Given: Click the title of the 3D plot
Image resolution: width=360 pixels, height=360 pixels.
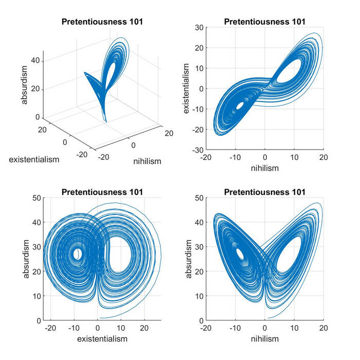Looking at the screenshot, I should pyautogui.click(x=102, y=22).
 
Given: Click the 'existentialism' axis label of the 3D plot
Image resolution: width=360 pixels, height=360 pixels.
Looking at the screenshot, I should pyautogui.click(x=34, y=159).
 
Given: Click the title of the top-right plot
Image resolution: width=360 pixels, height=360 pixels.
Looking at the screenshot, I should pyautogui.click(x=264, y=22).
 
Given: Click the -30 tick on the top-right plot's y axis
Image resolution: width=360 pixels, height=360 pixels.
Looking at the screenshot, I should pyautogui.click(x=197, y=150).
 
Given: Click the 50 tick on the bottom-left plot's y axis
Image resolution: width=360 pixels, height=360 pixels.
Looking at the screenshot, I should pyautogui.click(x=35, y=198).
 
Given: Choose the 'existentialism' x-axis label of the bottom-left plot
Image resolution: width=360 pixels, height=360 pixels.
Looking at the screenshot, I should pyautogui.click(x=102, y=339).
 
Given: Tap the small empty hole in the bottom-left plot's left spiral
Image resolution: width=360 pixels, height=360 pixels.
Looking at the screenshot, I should pyautogui.click(x=77, y=254).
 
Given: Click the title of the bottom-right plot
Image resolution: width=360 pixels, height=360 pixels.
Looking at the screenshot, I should pyautogui.click(x=264, y=192).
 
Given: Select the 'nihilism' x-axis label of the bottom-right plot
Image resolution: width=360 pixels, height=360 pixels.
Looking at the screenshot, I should pyautogui.click(x=264, y=339).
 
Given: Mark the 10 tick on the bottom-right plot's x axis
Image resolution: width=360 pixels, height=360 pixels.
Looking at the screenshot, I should pyautogui.click(x=294, y=328).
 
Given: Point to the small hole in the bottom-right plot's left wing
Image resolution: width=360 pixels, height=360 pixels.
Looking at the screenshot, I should pyautogui.click(x=239, y=254).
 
